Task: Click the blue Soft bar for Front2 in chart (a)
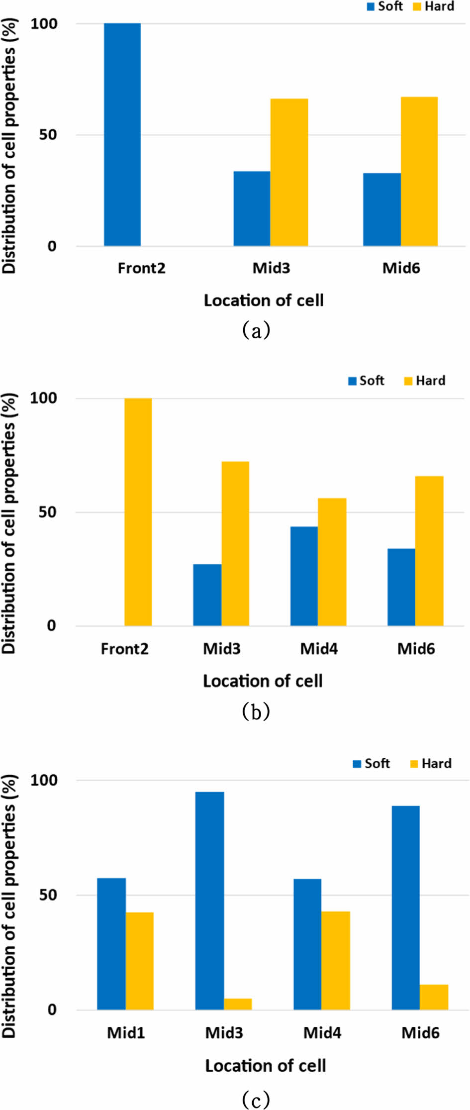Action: [122, 134]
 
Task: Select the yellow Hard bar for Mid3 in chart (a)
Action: [289, 172]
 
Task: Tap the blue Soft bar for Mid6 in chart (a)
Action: [381, 209]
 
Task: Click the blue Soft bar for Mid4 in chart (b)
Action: [304, 576]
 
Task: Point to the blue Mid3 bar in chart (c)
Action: [209, 900]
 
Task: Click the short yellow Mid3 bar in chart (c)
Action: [238, 1004]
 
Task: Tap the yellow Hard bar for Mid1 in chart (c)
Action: [139, 961]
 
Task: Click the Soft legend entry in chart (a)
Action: [385, 6]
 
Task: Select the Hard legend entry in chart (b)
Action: [425, 381]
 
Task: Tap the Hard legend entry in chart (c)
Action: [431, 763]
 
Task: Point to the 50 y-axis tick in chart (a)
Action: [48, 135]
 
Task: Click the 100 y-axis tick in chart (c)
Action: [44, 780]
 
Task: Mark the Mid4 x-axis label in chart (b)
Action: [319, 649]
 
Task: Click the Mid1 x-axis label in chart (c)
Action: [126, 1033]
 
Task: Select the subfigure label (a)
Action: [256, 330]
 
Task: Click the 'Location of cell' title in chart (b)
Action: [263, 681]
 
